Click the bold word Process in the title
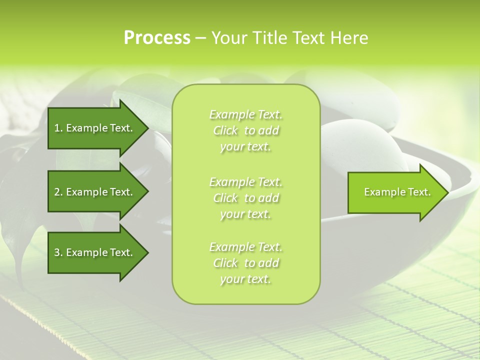[157, 38]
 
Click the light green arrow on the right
[395, 192]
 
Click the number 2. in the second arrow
[58, 192]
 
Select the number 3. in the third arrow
[58, 252]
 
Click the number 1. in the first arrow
[58, 128]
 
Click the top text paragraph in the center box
[246, 130]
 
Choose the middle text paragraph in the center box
[246, 198]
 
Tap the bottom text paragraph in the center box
[246, 263]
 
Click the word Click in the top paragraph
[225, 131]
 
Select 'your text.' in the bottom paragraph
[245, 279]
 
